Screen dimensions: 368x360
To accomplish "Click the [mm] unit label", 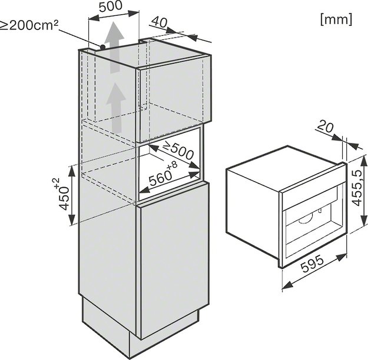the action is [336, 19].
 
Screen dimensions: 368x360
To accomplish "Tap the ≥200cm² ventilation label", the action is [29, 25].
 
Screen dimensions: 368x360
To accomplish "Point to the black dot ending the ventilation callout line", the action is [102, 47].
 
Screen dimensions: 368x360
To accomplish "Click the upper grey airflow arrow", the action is [114, 47].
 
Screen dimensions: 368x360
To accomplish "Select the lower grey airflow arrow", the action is [115, 108].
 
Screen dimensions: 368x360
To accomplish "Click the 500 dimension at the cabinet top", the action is [111, 6].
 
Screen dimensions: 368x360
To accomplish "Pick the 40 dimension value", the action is [159, 22].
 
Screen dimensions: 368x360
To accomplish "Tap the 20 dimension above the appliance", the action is [325, 128].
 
